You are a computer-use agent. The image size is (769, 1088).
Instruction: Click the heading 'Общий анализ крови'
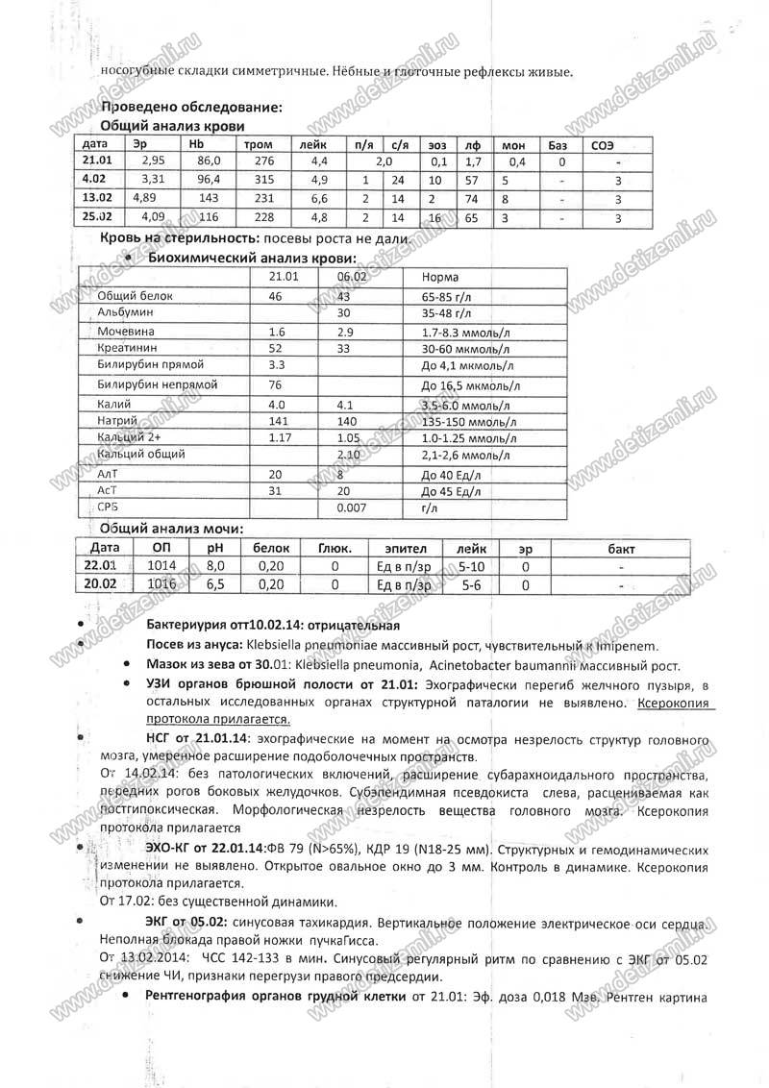(173, 126)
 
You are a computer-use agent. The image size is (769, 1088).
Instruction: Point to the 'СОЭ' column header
(604, 144)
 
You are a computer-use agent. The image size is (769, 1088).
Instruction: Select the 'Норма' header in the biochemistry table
(439, 277)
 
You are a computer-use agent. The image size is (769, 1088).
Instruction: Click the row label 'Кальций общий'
(141, 454)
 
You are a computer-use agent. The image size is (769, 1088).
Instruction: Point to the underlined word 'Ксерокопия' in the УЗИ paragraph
(673, 703)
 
